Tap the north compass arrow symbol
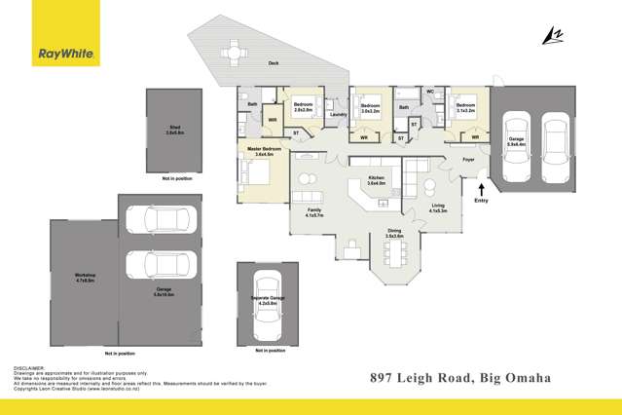[553, 36]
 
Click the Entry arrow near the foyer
[481, 181]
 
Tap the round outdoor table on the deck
[234, 51]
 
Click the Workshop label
[86, 278]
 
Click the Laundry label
[338, 115]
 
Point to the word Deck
[275, 63]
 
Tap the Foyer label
[468, 159]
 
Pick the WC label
[430, 93]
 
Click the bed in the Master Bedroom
[256, 172]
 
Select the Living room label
[439, 207]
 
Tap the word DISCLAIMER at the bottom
[28, 368]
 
